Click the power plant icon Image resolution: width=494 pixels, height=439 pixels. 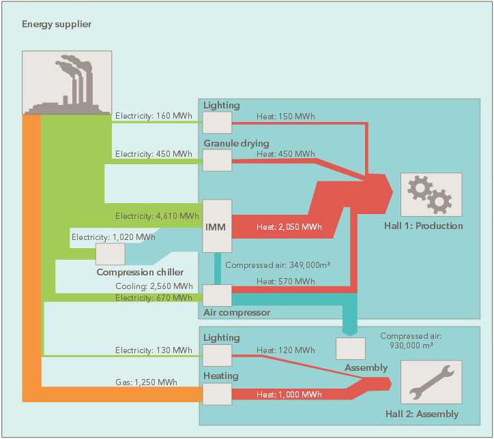pyautogui.click(x=67, y=82)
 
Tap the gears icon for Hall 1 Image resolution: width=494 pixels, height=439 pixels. pyautogui.click(x=431, y=195)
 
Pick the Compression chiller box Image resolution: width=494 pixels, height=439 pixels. pyautogui.click(x=110, y=254)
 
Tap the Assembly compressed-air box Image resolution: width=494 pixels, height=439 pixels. pyautogui.click(x=350, y=348)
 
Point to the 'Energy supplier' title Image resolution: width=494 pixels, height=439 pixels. pyautogui.click(x=57, y=25)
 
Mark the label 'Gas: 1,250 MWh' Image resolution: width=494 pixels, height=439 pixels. pyautogui.click(x=146, y=382)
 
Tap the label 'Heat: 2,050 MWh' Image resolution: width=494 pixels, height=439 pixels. pyautogui.click(x=289, y=226)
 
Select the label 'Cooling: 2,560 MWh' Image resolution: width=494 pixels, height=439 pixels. pyautogui.click(x=154, y=286)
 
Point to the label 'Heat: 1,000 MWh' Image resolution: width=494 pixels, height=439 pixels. pyautogui.click(x=289, y=395)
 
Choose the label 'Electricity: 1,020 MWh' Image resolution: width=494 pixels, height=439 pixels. pyautogui.click(x=113, y=237)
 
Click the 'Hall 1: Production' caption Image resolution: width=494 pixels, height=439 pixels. pyautogui.click(x=431, y=226)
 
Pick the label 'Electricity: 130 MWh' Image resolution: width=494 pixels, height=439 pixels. pyautogui.click(x=154, y=350)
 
